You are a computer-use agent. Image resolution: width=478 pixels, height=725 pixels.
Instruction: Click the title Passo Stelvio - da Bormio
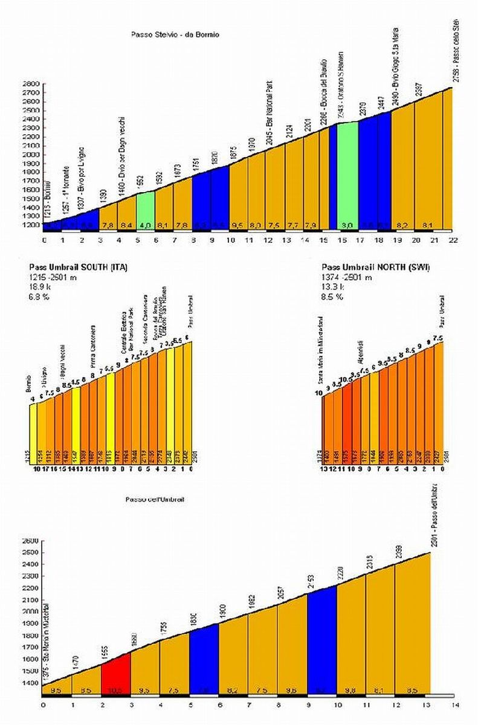(x=175, y=34)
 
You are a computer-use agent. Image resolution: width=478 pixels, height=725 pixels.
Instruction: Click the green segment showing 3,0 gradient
(x=347, y=175)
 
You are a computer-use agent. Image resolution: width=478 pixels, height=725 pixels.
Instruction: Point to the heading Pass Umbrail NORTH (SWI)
(x=375, y=266)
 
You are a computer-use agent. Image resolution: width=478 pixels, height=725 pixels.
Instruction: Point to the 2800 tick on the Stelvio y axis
(x=32, y=84)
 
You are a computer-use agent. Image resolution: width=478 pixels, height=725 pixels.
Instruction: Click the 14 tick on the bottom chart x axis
(x=454, y=704)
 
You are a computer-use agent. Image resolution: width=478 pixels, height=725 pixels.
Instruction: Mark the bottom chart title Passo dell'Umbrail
(x=155, y=500)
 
